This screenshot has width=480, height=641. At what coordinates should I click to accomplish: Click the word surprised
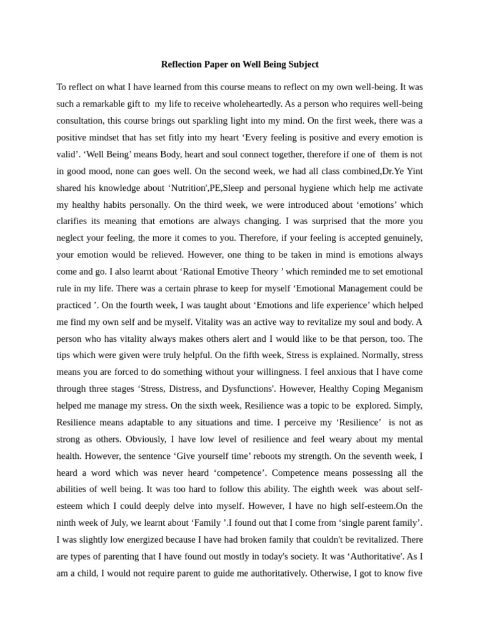(315, 221)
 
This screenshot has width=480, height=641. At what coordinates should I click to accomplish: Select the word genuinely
(398, 238)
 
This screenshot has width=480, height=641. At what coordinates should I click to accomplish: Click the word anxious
(306, 372)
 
